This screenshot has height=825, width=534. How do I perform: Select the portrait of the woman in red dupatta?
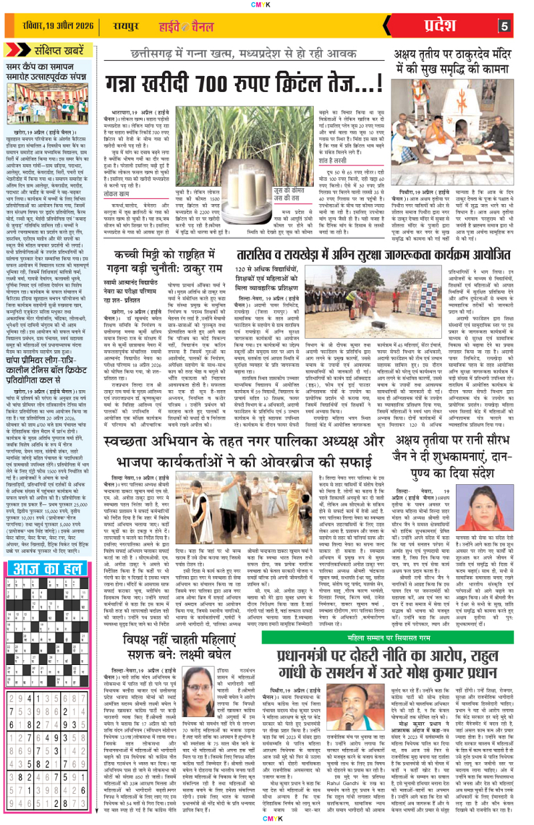[508, 476]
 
